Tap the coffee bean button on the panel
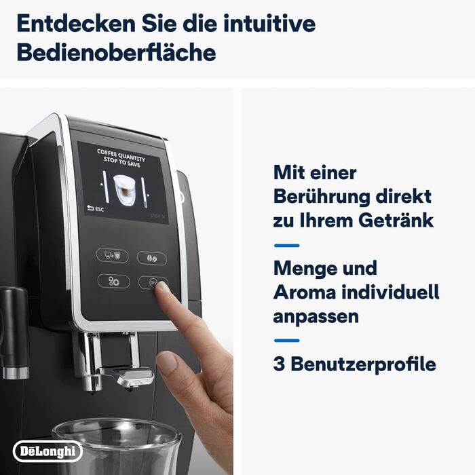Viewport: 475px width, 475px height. point(151,258)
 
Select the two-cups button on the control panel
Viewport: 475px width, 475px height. point(113,256)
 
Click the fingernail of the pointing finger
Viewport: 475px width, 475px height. point(161,286)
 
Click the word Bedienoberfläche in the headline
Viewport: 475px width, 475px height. point(116,52)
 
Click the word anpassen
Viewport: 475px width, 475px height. point(316,316)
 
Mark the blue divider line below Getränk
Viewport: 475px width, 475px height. point(286,245)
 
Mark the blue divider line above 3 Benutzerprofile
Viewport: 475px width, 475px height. point(286,341)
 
